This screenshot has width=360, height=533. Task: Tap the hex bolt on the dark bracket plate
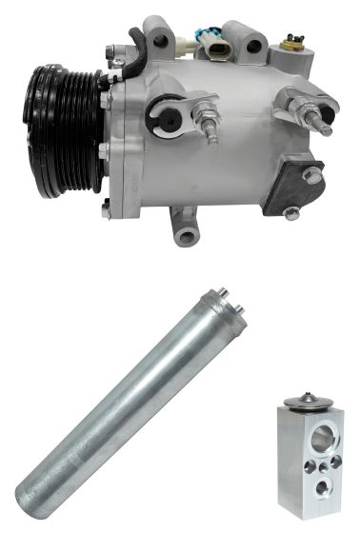[x=310, y=175]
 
